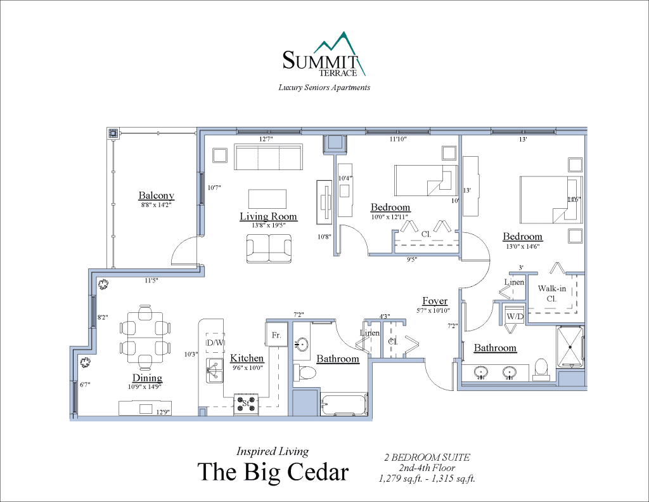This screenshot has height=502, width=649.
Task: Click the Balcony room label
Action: (x=156, y=195)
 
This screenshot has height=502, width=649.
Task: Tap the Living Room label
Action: (x=268, y=216)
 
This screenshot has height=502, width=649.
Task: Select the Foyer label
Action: (x=435, y=301)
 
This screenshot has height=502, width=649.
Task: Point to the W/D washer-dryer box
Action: (x=514, y=315)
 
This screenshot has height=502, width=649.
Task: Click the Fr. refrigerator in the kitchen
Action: (x=276, y=334)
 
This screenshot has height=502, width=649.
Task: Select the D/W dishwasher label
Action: (x=215, y=343)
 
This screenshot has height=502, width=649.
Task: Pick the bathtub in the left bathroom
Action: (x=345, y=405)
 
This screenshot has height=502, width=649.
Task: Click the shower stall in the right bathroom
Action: (x=570, y=347)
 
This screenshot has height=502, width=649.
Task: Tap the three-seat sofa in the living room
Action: (x=268, y=157)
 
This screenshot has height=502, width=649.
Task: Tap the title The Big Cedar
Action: (x=273, y=472)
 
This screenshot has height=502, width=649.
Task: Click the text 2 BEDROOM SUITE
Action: (x=427, y=457)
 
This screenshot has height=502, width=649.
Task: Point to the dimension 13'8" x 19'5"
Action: (x=268, y=225)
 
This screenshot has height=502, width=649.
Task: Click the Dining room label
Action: (x=147, y=378)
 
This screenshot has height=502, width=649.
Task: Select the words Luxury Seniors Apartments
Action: (x=324, y=88)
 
